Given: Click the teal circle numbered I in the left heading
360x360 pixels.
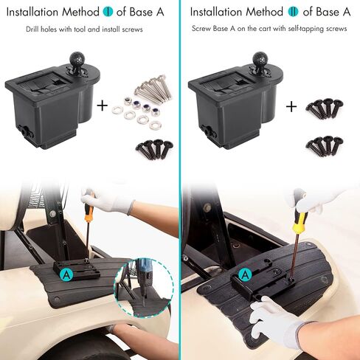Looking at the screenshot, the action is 108,12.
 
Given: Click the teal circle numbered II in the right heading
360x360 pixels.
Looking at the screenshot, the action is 293,12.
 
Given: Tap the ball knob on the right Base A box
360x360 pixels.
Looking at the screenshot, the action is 260,59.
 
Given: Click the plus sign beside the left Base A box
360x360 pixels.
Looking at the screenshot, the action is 103,105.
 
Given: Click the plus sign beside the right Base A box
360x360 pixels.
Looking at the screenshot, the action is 291,107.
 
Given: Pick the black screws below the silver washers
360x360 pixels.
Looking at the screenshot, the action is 155,149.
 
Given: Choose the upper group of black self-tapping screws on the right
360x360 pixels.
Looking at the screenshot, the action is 325,108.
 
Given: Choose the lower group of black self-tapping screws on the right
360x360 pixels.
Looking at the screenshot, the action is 325,145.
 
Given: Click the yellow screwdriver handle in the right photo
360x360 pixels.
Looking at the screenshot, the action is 300,222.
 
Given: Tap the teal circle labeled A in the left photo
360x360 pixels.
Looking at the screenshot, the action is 66,274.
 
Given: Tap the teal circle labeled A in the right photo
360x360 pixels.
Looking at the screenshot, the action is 245,274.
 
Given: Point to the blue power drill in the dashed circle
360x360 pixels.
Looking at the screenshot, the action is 144,273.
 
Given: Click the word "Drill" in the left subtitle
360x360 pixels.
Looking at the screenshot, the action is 32,30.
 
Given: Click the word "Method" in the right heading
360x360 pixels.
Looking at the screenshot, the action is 264,12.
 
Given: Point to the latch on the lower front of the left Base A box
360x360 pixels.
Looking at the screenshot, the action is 25,130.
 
